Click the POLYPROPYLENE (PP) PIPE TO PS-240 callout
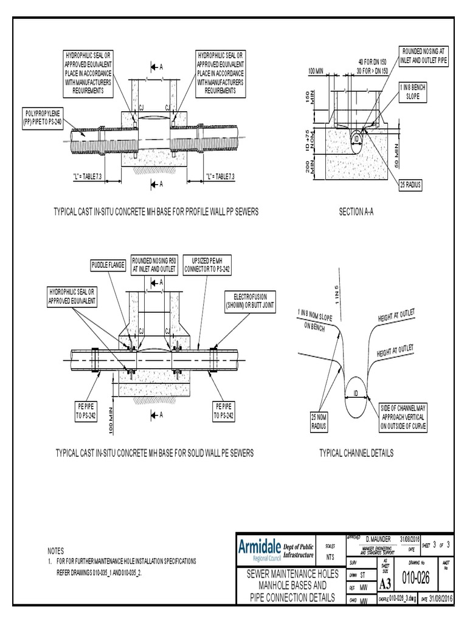[x=43, y=117]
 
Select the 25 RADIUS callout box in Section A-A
[x=410, y=184]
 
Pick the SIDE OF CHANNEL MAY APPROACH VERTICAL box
[x=403, y=417]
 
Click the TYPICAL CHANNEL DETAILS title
[x=356, y=453]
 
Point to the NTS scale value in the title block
[x=330, y=557]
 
